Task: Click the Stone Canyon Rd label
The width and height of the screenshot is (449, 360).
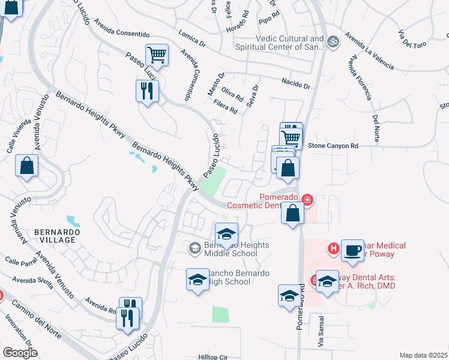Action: (333, 146)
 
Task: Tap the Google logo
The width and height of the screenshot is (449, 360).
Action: (20, 353)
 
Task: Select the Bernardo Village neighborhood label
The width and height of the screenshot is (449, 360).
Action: (55, 235)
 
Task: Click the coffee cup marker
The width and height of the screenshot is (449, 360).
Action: (352, 250)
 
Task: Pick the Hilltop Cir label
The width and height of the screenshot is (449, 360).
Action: (214, 356)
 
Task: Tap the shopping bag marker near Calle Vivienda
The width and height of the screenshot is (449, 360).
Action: (27, 166)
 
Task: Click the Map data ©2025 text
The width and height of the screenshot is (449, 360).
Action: (423, 355)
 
